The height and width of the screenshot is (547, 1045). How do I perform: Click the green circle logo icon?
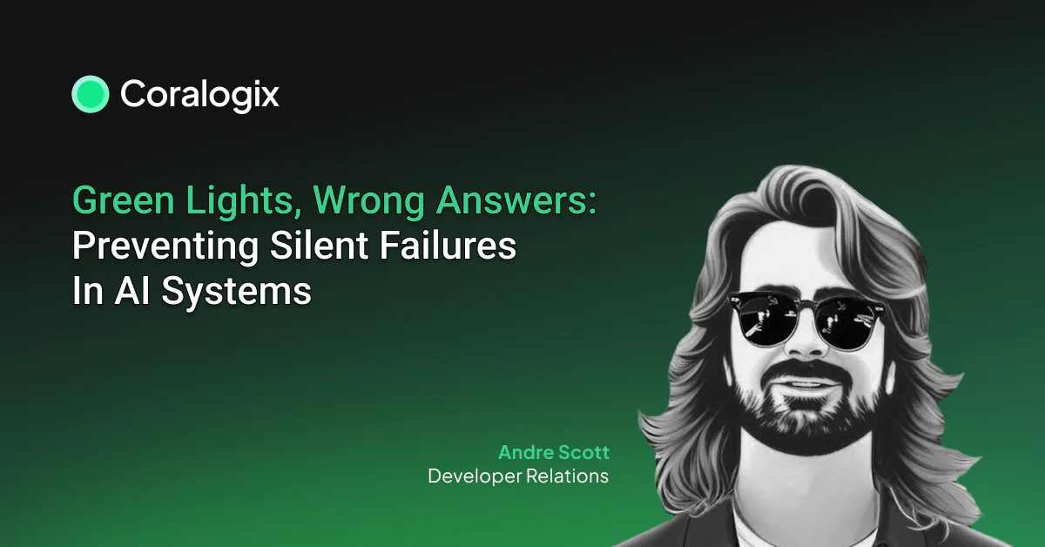(x=91, y=94)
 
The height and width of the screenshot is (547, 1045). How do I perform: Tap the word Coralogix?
(x=199, y=95)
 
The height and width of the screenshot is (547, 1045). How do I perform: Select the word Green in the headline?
(x=124, y=200)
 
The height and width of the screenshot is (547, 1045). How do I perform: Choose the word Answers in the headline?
(x=512, y=200)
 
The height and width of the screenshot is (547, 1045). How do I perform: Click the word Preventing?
(x=165, y=246)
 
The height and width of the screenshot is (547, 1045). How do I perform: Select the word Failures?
(x=448, y=246)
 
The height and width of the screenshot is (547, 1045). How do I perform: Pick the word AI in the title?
(x=132, y=291)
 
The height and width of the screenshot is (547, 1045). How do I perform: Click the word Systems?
(x=237, y=292)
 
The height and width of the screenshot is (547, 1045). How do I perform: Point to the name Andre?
(x=525, y=452)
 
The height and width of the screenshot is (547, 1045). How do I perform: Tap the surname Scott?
(x=583, y=452)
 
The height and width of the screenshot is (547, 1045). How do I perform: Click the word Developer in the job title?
(x=475, y=477)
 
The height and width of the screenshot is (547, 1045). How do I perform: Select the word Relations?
(x=567, y=476)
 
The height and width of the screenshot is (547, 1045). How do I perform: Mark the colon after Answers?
(x=592, y=203)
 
